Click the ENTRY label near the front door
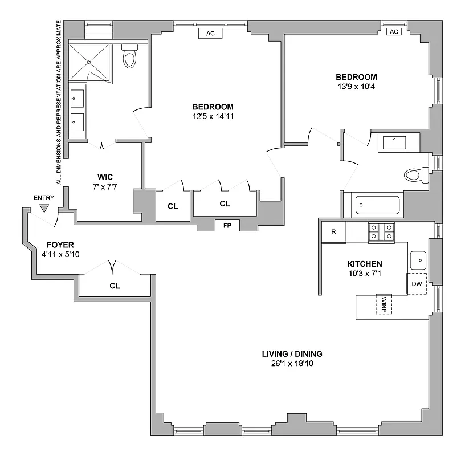[44, 198]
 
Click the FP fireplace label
[227, 226]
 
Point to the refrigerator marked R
[333, 232]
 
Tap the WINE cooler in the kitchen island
[384, 304]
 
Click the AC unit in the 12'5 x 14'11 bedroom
[210, 34]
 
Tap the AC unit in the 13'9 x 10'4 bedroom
[393, 32]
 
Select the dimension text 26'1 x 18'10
[293, 363]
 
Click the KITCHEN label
[365, 264]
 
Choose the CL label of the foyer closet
[115, 286]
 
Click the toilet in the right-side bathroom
[414, 174]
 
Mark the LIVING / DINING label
[293, 354]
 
